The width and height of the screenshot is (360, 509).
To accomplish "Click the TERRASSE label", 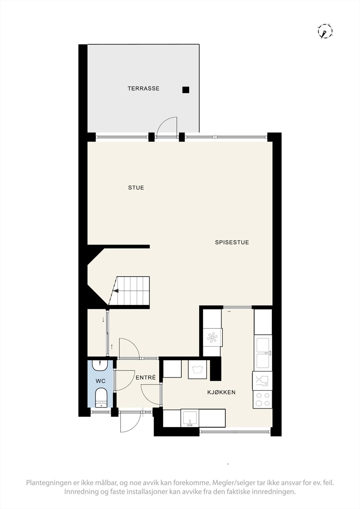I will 143,88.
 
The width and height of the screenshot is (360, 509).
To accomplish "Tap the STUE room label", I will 136,188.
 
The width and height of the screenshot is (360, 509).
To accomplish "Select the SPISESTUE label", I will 232,242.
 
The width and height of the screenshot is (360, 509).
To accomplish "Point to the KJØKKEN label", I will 221,393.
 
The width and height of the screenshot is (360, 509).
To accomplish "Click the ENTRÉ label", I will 146,378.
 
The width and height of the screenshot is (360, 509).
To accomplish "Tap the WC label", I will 101,381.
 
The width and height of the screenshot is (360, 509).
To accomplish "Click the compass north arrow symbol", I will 325,31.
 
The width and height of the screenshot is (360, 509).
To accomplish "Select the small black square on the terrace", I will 186,90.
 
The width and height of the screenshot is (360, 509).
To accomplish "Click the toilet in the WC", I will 101,397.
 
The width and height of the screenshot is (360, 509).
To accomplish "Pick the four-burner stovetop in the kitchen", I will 262,400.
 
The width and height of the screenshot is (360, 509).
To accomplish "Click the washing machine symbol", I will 197,369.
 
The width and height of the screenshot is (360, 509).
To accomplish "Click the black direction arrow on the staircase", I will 116,290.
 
